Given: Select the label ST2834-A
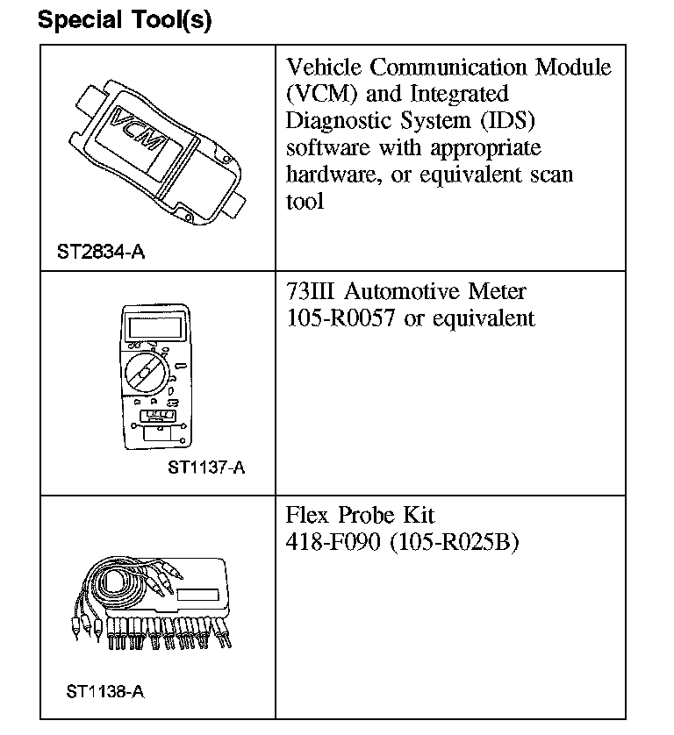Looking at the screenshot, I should point(101,253).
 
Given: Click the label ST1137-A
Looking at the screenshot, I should point(206,467).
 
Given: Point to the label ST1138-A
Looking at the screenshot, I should point(104,691).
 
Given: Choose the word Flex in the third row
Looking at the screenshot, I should point(309,516).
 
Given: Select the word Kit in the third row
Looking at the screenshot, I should point(416,516).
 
